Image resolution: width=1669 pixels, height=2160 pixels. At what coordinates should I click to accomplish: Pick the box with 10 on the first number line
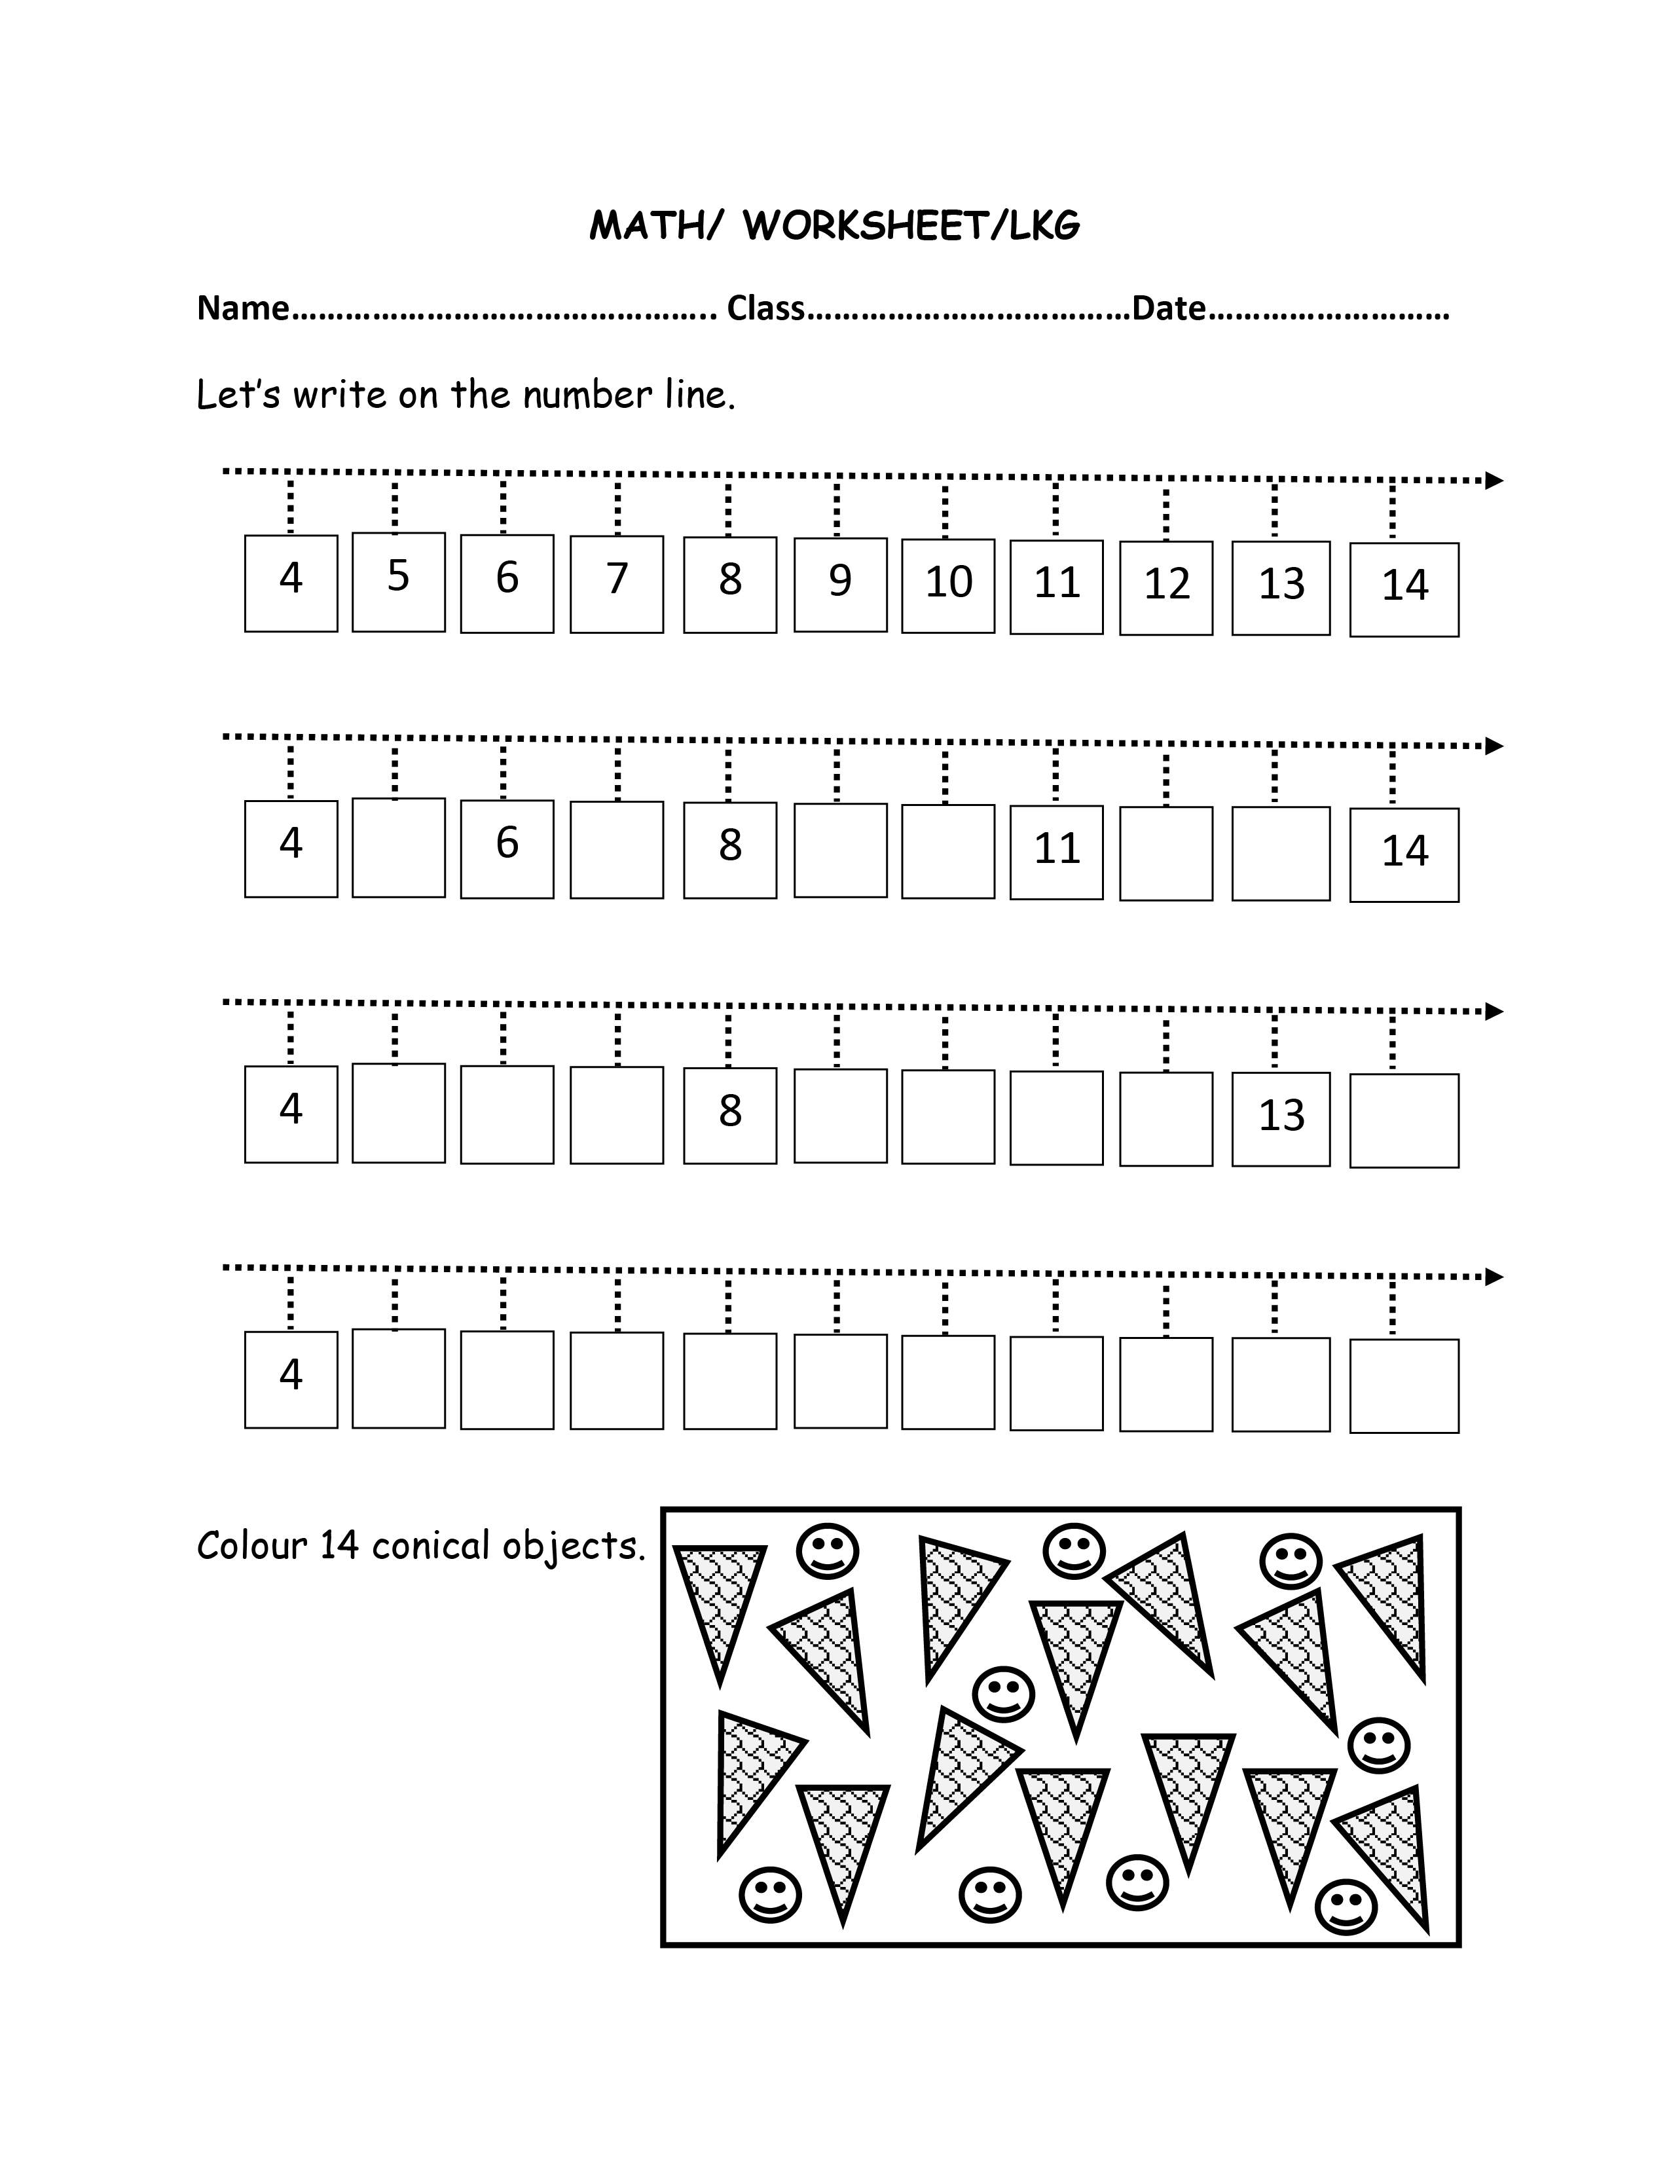[948, 585]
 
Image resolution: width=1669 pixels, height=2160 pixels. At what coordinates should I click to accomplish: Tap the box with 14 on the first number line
[1404, 589]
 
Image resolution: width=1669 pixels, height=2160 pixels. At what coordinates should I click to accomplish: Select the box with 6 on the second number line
[507, 849]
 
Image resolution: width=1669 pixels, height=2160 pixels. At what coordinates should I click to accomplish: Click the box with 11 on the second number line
[1055, 852]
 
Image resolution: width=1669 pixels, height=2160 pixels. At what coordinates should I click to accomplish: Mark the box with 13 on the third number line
[1280, 1118]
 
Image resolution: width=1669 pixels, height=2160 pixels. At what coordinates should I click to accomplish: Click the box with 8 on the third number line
[730, 1114]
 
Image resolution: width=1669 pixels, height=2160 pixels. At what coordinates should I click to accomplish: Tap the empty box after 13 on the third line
[1404, 1120]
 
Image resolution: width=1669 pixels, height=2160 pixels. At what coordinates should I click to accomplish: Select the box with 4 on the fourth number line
[291, 1379]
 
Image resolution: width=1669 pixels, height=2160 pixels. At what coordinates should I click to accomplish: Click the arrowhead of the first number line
[1494, 481]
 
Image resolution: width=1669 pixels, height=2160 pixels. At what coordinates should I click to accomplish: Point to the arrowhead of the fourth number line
[1494, 1277]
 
